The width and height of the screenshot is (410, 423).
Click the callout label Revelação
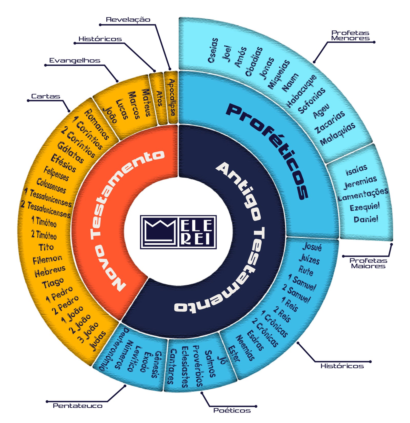128,20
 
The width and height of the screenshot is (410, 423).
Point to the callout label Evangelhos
75,60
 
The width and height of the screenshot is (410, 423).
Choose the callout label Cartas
46,96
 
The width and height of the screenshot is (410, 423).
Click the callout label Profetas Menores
350,36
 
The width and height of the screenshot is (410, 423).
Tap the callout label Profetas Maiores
368,263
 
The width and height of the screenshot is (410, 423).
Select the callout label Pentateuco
78,406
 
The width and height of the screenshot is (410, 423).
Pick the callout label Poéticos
232,410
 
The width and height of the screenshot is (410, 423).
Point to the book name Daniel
366,219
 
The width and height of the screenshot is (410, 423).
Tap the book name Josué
312,246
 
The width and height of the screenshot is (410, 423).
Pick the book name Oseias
213,50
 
